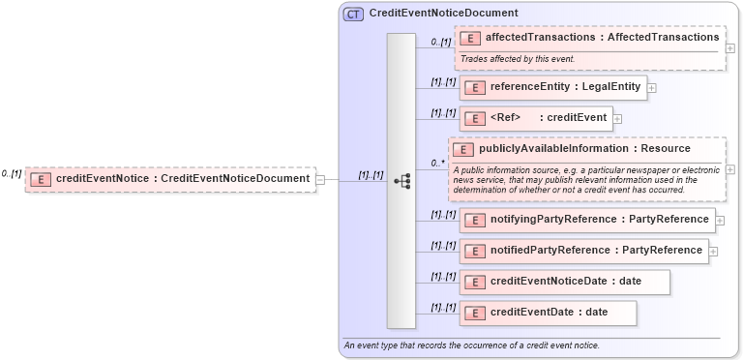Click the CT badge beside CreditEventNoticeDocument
[353, 14]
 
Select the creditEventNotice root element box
[170, 179]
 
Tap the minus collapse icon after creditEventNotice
[320, 179]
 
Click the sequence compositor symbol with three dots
[402, 180]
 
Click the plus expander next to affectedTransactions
[730, 48]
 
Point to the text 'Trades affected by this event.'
[518, 59]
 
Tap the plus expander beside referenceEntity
[651, 87]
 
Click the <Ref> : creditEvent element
[537, 118]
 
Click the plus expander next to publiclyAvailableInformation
[730, 169]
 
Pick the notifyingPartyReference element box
[588, 220]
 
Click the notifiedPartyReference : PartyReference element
[584, 251]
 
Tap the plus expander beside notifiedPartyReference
[714, 251]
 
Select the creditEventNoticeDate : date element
[565, 282]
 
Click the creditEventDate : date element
[549, 313]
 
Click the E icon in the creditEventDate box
[474, 313]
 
